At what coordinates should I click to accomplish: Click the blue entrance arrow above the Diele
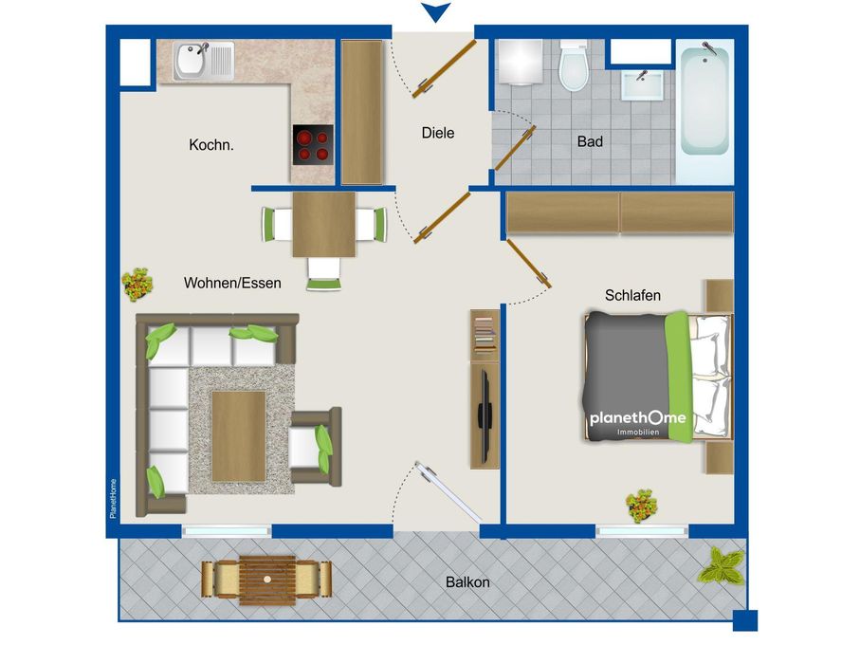coord(436,12)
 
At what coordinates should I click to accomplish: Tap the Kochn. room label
coord(211,145)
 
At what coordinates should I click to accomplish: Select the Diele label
coord(438,133)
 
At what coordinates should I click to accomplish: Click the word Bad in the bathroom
coord(590,141)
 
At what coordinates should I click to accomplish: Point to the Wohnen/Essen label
coord(232,283)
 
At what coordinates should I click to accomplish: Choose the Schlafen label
coord(632,296)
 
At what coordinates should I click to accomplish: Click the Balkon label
coord(467,582)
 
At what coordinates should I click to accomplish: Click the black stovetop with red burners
coord(313,145)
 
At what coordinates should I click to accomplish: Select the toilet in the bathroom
coord(574,65)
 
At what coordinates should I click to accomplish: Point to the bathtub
coord(704,99)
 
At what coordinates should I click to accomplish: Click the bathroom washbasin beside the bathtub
coord(642,85)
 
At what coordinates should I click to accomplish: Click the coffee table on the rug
coord(239,436)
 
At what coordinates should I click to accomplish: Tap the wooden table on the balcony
coord(267,580)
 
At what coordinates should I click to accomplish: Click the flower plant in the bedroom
coord(642,506)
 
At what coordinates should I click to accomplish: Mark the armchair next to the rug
coord(316,447)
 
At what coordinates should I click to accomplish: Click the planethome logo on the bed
coord(637,422)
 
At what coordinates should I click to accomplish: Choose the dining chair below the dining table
coord(323,273)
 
